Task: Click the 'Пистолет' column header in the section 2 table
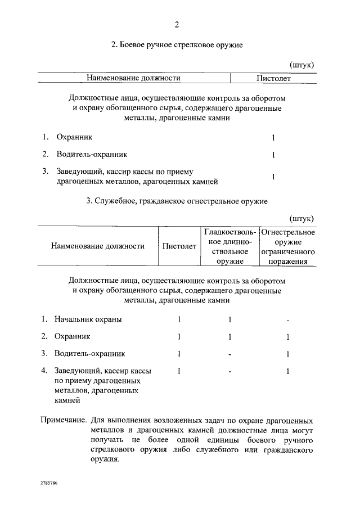click(x=273, y=78)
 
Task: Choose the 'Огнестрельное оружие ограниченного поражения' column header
click(x=288, y=246)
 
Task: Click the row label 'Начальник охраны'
click(x=88, y=319)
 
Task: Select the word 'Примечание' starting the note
click(x=64, y=420)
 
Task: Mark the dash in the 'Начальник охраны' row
click(x=287, y=321)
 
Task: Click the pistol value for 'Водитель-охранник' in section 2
click(x=273, y=155)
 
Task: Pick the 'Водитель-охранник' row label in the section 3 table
click(x=89, y=354)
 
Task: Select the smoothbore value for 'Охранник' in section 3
click(x=229, y=337)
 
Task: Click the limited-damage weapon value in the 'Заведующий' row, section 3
click(x=287, y=371)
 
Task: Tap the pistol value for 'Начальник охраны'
click(x=179, y=319)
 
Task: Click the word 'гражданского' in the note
click(x=285, y=451)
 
